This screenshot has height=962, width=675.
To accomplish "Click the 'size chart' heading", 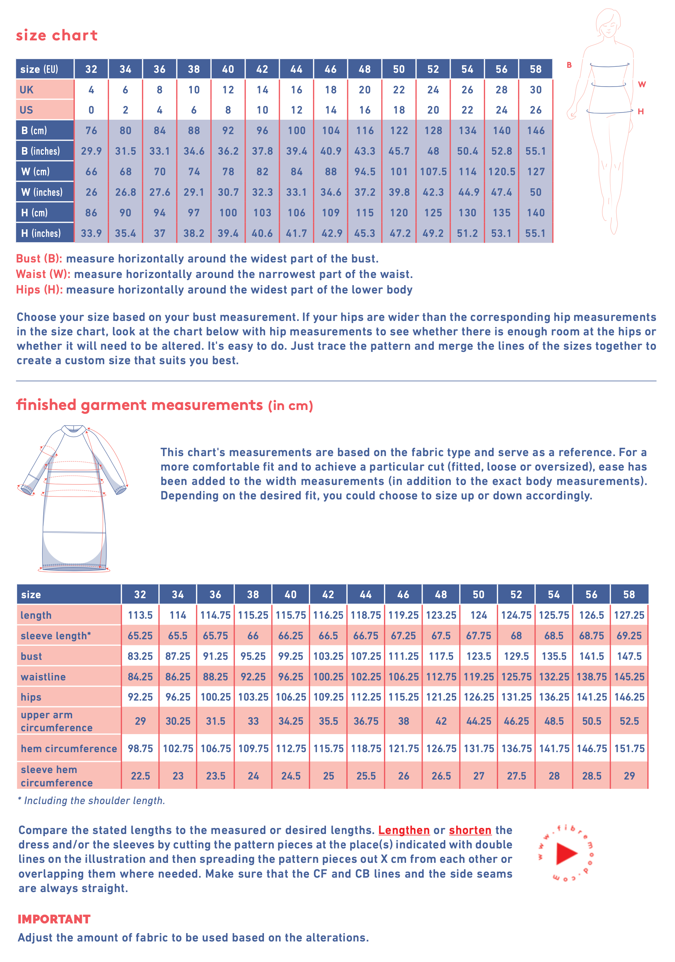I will pos(57,35).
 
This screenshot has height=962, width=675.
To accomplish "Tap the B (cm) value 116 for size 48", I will pos(365,131).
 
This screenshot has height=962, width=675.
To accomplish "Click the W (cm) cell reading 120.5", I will pos(502,172).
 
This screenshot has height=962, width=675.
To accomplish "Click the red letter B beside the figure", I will pos(569,65).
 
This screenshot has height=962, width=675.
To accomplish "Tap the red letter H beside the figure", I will pos(640,111).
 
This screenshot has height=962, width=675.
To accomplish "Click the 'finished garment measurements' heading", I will pos(140,405).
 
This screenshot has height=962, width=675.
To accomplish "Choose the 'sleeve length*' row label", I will pos(56,636).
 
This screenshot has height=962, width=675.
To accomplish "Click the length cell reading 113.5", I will pos(140,615).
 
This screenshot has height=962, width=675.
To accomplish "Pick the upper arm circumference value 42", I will pos(441,721).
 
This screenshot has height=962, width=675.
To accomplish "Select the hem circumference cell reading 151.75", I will pos(629,748).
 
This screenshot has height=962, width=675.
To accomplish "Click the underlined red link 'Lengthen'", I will pos(404,830).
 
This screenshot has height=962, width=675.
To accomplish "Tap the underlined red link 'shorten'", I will pos(470,830).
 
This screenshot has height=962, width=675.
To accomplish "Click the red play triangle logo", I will pos(566,853).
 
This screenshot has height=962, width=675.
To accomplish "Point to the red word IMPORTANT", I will pos(54,919).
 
